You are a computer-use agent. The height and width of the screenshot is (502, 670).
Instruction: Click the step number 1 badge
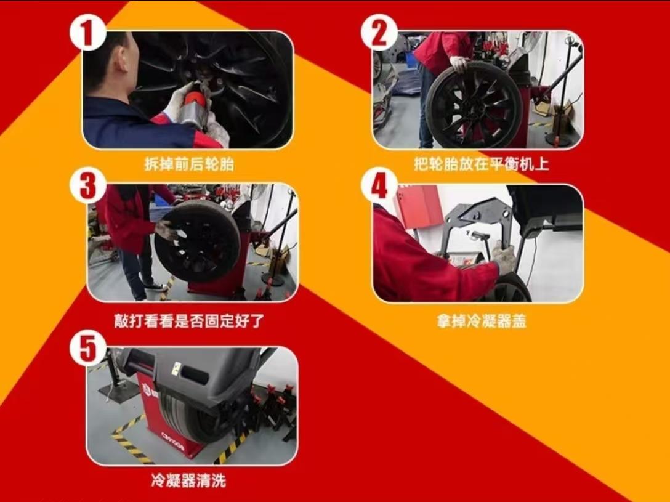coord(87,33)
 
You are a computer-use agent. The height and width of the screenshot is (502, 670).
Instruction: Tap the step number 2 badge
coord(379,33)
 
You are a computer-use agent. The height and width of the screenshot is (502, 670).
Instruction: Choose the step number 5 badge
coord(87,348)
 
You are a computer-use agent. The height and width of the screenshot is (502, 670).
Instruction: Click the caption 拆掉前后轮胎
coord(189,164)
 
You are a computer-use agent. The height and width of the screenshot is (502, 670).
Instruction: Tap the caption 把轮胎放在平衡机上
coord(481,164)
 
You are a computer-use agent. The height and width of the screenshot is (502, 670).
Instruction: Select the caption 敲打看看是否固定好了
coord(189,321)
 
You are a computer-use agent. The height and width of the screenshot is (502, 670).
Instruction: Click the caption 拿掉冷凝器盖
coord(481,321)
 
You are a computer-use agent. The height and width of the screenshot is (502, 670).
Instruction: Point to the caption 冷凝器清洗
coord(188,480)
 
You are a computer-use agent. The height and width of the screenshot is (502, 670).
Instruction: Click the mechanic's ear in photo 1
coord(122,59)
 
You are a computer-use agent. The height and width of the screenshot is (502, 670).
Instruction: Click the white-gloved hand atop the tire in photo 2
coord(460,63)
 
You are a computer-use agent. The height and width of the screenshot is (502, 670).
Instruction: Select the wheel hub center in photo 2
coord(473,105)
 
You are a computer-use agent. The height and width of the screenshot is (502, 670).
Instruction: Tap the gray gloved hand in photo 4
coord(504,256)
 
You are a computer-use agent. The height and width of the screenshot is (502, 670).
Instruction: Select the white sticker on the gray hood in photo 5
coord(176,368)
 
